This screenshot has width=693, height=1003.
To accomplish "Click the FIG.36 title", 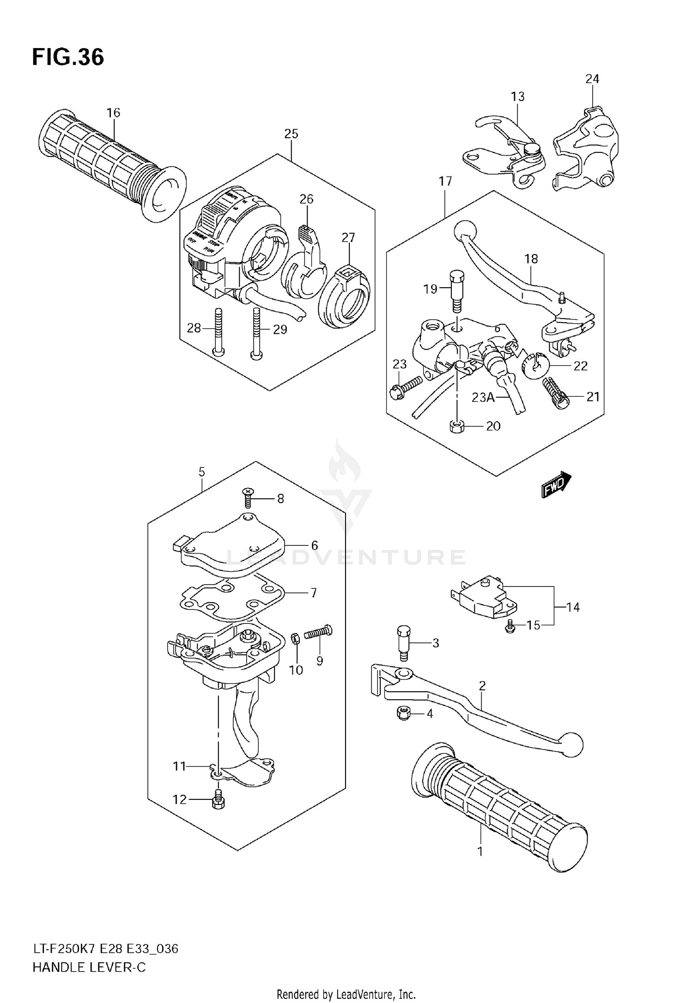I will click(68, 58).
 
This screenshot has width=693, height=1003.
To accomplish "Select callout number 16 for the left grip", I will click(113, 113).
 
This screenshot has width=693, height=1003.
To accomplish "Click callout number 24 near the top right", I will click(592, 79).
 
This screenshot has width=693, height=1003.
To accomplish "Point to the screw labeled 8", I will click(249, 498).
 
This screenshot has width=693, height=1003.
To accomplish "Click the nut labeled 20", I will click(456, 426).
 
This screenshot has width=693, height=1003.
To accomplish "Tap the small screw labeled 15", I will click(511, 626).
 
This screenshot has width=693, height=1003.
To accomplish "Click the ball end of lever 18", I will click(465, 230).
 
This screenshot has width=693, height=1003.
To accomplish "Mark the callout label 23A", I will click(483, 397).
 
